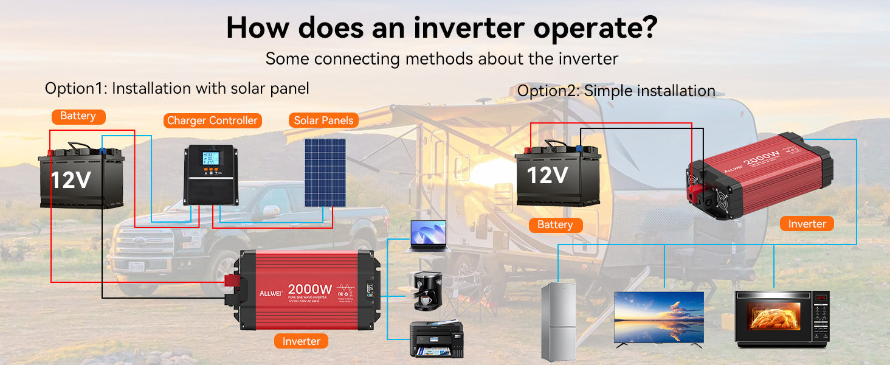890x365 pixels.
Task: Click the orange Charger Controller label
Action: (x=212, y=120)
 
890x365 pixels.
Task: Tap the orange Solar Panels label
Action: (x=323, y=120)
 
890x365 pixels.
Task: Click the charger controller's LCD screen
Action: (x=211, y=159)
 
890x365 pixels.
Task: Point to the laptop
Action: (x=428, y=236)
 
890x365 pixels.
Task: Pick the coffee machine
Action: (x=427, y=291)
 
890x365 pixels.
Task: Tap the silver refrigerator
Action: (x=558, y=322)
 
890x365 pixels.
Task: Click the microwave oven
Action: (x=782, y=319)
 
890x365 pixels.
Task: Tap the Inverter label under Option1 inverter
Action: (x=301, y=341)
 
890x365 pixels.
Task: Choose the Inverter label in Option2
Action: (x=807, y=224)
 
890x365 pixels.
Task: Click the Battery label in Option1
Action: (x=78, y=116)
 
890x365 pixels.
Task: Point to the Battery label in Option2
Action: (x=555, y=225)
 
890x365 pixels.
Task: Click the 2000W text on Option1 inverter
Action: (x=309, y=289)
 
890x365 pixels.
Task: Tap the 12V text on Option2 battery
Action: (x=547, y=175)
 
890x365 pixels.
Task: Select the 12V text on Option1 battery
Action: (x=71, y=180)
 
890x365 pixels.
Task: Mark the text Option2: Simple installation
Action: (x=616, y=91)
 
